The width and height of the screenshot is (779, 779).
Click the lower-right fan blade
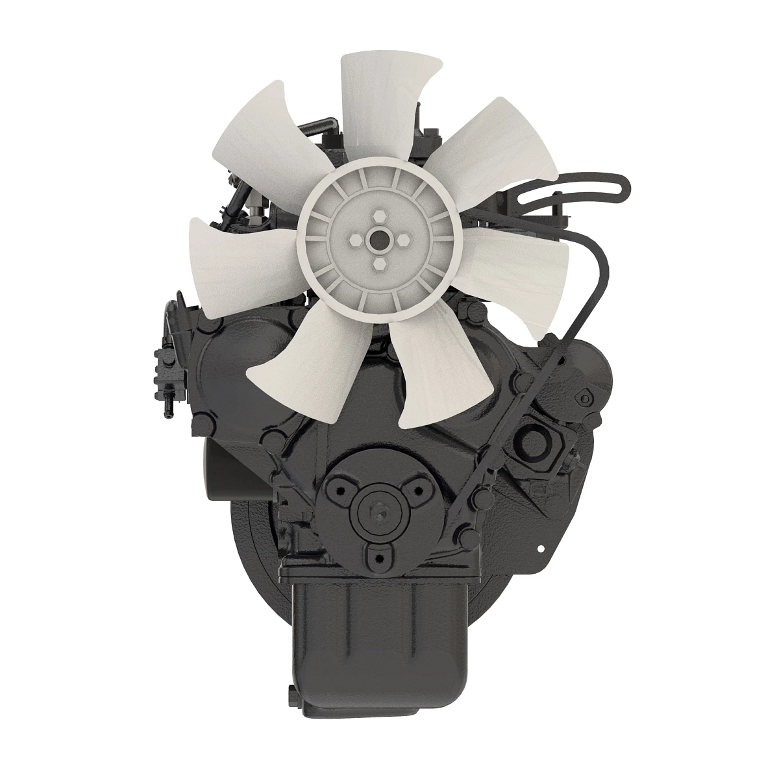[428, 370]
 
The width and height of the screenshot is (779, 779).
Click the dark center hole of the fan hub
[378, 240]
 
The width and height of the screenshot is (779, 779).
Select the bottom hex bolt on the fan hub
[379, 264]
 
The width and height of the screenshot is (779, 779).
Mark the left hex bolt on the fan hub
[354, 240]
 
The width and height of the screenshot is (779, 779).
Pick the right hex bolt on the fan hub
[402, 240]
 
